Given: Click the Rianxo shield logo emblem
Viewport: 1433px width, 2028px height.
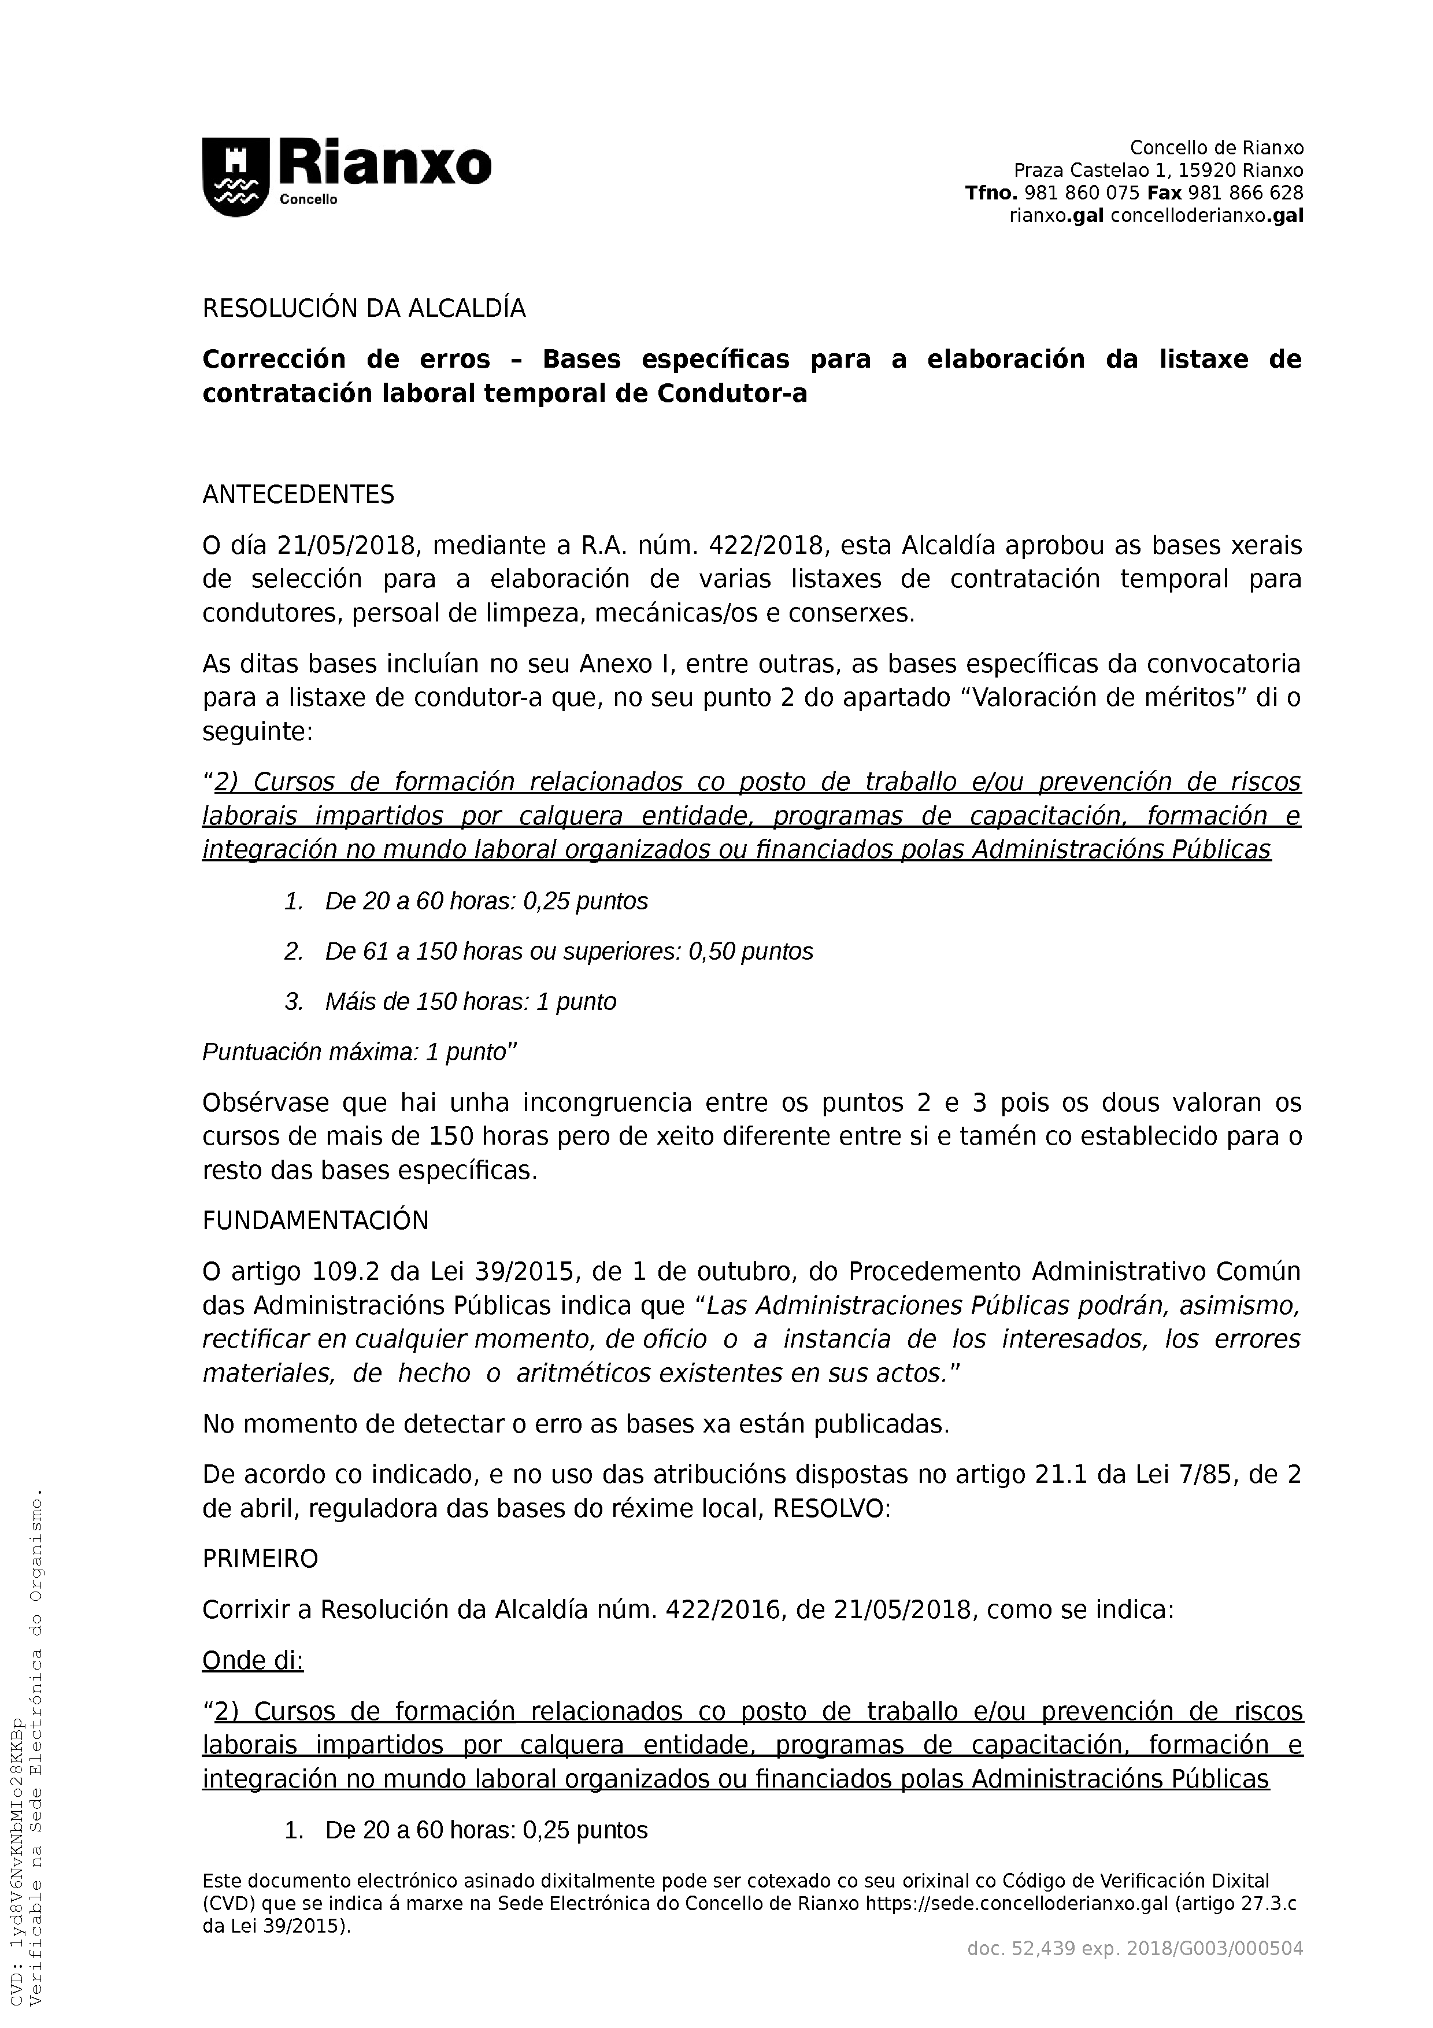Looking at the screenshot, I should (236, 177).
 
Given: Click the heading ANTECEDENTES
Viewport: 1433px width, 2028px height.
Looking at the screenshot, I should (298, 495).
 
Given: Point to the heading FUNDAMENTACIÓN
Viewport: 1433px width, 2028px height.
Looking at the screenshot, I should (315, 1222).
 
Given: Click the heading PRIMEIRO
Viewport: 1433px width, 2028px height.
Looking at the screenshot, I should (261, 1559).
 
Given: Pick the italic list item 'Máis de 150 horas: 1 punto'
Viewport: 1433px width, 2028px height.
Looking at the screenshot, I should (470, 1002).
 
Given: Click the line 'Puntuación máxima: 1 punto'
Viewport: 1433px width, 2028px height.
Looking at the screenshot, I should (358, 1052).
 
